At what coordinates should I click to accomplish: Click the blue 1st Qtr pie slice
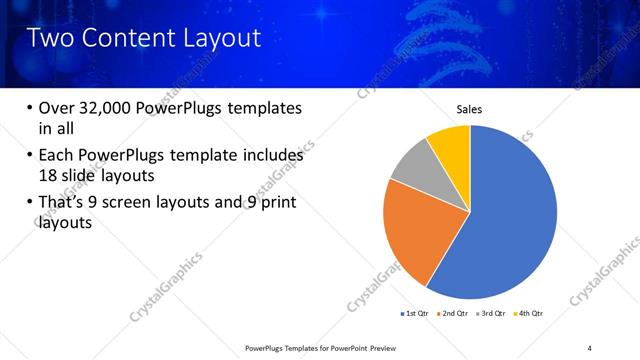[510, 220]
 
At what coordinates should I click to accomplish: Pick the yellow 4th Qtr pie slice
[451, 145]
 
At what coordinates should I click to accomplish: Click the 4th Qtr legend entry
[528, 313]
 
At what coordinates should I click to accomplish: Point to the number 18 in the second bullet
[48, 174]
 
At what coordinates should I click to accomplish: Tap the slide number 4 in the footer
[590, 347]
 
